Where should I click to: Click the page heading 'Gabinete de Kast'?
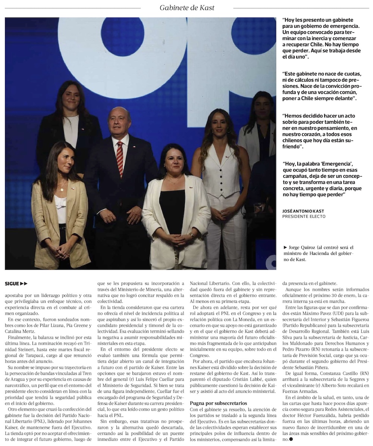187,7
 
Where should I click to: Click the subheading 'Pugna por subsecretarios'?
218,403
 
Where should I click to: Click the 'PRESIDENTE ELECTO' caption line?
304,216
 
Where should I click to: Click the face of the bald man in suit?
119,121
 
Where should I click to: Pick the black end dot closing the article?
291,440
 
